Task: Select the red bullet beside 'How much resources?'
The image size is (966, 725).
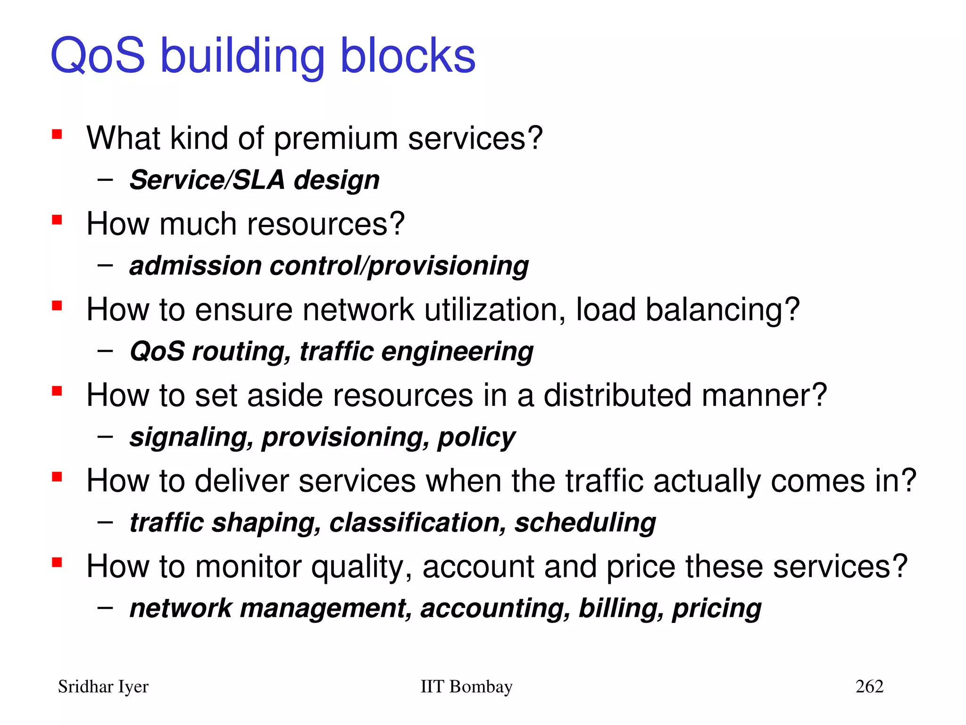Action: click(x=57, y=220)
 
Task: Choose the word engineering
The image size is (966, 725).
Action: click(x=457, y=352)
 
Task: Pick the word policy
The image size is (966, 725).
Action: click(x=476, y=438)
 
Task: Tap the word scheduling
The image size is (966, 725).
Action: click(x=585, y=523)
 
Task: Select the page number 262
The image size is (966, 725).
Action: click(x=869, y=686)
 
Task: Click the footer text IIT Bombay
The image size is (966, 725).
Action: click(x=466, y=686)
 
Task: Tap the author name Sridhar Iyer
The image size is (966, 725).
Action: click(x=103, y=687)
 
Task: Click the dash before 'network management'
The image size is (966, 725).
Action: click(x=105, y=607)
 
